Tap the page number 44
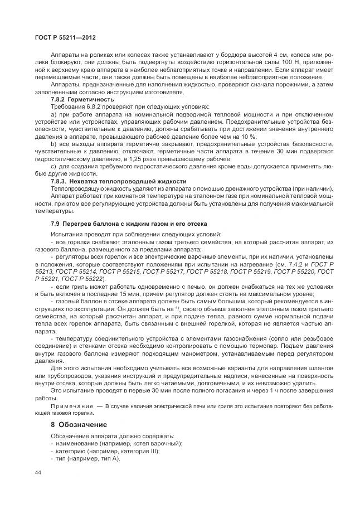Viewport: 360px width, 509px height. click(37, 473)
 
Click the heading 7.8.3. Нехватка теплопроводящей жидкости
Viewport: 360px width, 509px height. click(118, 181)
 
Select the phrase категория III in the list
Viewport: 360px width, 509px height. click(137, 451)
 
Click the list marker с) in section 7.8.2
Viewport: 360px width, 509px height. click(53, 166)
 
